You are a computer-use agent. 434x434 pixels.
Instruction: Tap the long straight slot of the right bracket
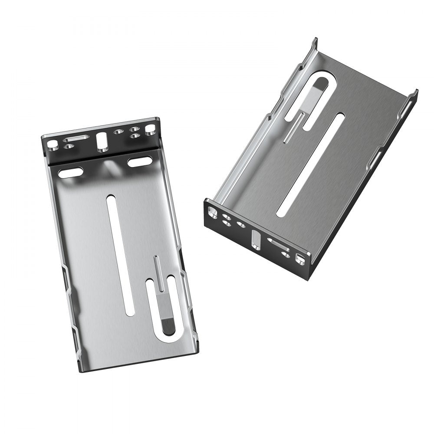click(x=311, y=164)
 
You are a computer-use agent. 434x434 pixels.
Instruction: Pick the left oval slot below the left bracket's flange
click(x=70, y=173)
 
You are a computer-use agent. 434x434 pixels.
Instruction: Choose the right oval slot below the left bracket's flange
click(x=139, y=162)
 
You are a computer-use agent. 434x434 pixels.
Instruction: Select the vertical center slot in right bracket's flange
click(x=256, y=240)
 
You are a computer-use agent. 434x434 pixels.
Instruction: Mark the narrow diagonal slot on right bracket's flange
click(x=278, y=245)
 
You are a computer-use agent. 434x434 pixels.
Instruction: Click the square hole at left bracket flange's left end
click(x=52, y=143)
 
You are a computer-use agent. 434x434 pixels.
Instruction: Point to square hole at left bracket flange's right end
click(x=150, y=129)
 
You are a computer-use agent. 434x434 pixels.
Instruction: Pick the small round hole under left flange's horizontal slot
click(x=67, y=147)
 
